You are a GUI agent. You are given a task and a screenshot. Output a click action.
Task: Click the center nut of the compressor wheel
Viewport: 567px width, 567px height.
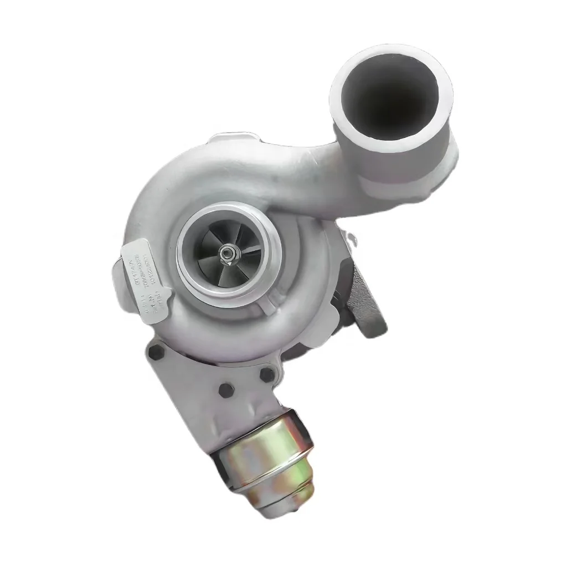[x=228, y=254]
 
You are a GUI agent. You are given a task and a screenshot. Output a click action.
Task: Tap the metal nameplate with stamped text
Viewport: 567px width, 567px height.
[x=142, y=276]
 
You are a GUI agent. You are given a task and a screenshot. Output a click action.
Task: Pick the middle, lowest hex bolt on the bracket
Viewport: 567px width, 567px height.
[x=225, y=390]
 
